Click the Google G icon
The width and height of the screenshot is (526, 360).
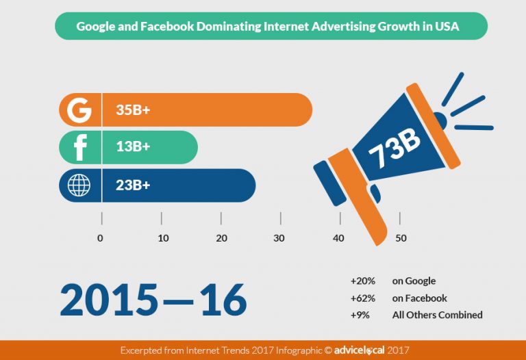click(x=80, y=110)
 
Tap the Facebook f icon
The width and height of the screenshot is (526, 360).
click(x=80, y=147)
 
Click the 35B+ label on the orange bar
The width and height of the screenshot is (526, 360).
click(x=134, y=110)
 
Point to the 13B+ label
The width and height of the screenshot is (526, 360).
click(x=134, y=147)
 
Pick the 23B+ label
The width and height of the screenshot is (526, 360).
click(x=134, y=185)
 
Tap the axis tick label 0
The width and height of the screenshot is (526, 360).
click(x=101, y=238)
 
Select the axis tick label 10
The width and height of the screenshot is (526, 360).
click(x=163, y=238)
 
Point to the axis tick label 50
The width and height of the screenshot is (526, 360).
click(x=401, y=238)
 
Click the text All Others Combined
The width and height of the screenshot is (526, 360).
click(x=437, y=316)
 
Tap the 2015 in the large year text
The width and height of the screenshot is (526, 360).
click(x=108, y=299)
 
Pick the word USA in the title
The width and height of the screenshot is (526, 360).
click(x=449, y=28)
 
